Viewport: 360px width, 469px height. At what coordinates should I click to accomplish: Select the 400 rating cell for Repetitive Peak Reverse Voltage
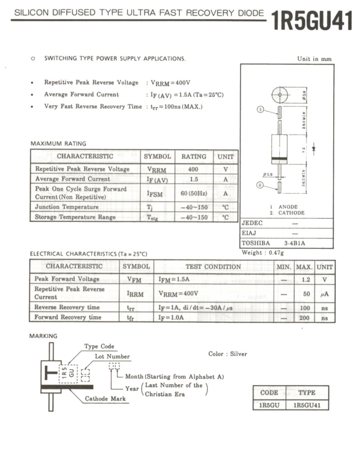click(x=193, y=169)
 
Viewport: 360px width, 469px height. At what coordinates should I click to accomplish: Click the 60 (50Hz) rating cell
click(x=193, y=193)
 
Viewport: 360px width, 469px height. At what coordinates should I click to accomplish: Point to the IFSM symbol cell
click(x=157, y=193)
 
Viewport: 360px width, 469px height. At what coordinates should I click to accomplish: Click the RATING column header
click(x=193, y=156)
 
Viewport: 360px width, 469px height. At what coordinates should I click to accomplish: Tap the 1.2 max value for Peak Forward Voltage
click(x=306, y=279)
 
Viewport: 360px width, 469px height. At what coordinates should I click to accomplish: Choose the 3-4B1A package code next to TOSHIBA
click(x=295, y=243)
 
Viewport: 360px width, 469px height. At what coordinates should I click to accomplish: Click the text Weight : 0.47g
click(x=263, y=252)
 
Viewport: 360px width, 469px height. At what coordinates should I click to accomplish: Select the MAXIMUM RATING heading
click(x=58, y=143)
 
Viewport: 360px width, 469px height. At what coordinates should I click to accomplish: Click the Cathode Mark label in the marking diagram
click(x=106, y=399)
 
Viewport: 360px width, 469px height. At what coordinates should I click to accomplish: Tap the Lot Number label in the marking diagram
click(x=112, y=356)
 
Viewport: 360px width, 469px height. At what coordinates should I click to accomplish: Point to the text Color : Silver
click(x=227, y=354)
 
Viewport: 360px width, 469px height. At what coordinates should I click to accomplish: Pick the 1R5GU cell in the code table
click(x=270, y=405)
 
